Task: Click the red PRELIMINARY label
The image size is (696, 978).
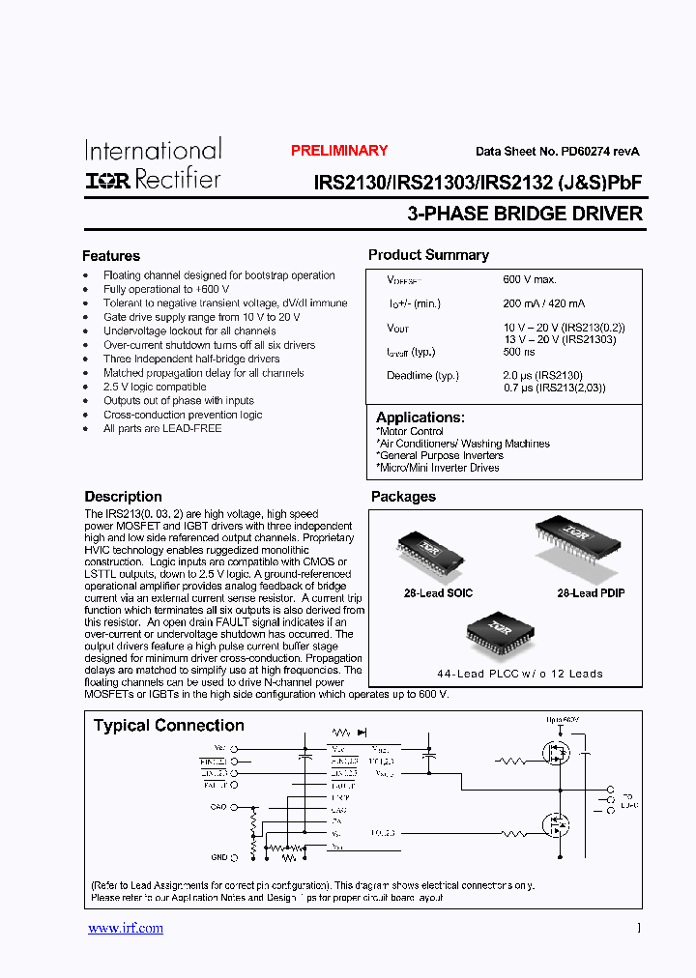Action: [339, 151]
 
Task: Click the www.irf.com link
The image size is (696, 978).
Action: [126, 928]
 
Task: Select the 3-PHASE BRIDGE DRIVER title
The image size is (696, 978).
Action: [525, 214]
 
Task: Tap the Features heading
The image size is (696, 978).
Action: [111, 256]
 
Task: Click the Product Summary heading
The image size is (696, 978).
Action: [428, 255]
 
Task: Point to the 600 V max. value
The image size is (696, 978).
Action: [530, 279]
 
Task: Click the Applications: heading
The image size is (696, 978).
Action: [420, 417]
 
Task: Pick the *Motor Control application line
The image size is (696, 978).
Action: [411, 431]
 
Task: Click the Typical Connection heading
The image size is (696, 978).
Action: [168, 726]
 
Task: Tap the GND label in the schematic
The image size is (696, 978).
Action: [218, 857]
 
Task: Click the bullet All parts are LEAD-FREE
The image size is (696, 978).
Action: [162, 428]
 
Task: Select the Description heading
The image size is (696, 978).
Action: [123, 497]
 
